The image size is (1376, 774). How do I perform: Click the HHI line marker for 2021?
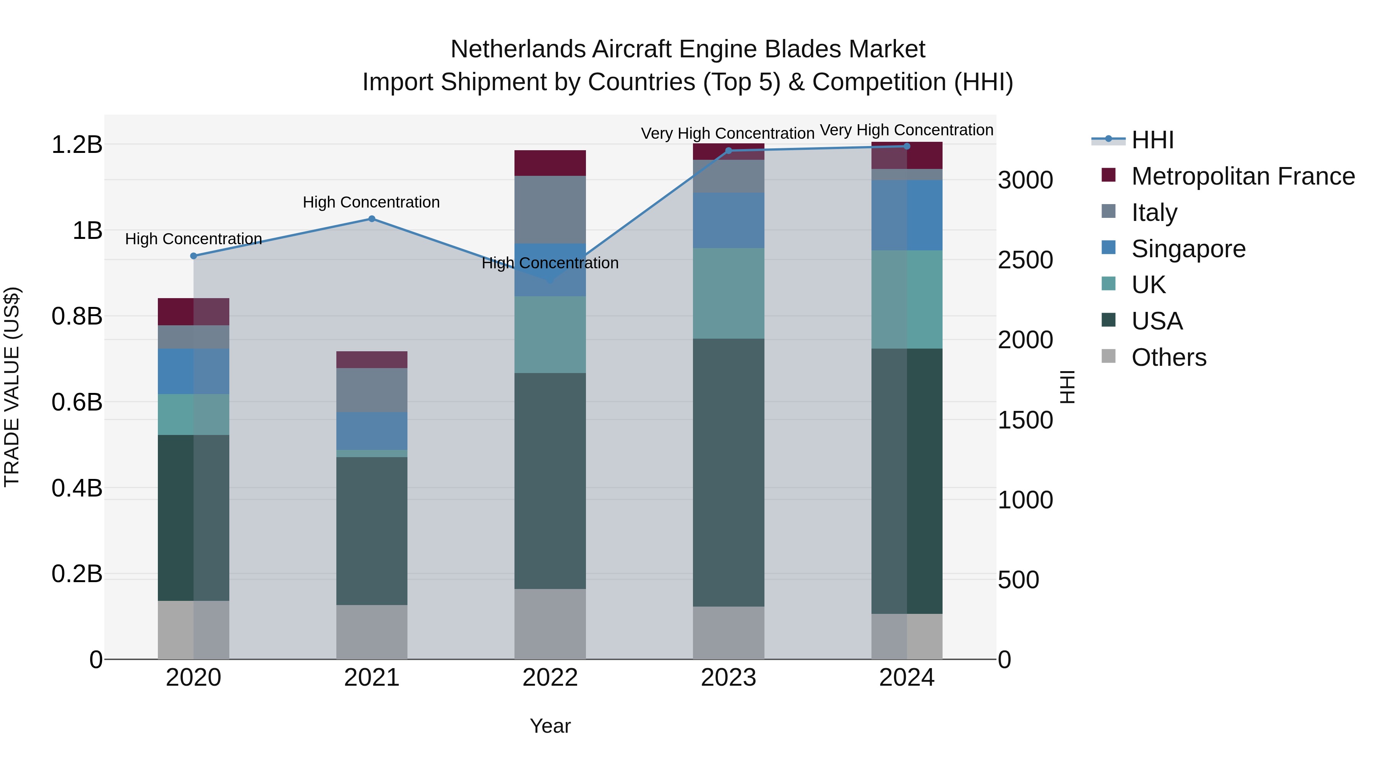coord(372,219)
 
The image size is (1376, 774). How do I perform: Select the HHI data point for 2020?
coord(193,256)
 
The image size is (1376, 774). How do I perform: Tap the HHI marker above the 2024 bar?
coord(907,146)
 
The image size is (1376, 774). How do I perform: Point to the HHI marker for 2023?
coord(729,151)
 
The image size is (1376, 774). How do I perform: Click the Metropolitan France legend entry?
coord(1243,176)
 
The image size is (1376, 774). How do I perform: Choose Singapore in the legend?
coord(1188,249)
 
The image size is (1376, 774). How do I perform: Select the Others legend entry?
coord(1169,357)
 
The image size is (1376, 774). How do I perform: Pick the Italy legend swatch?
coord(1109,211)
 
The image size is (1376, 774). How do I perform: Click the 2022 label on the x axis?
coord(550,678)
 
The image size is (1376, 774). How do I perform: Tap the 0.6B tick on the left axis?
coord(77,402)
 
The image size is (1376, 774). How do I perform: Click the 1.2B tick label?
coord(77,145)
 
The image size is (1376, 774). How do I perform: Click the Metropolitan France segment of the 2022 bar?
coord(550,163)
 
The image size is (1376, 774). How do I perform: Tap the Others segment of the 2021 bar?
coord(372,632)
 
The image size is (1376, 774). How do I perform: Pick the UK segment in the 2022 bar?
coord(550,334)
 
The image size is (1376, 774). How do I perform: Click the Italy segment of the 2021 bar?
coord(372,390)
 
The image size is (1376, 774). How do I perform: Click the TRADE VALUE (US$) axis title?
coord(12,387)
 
